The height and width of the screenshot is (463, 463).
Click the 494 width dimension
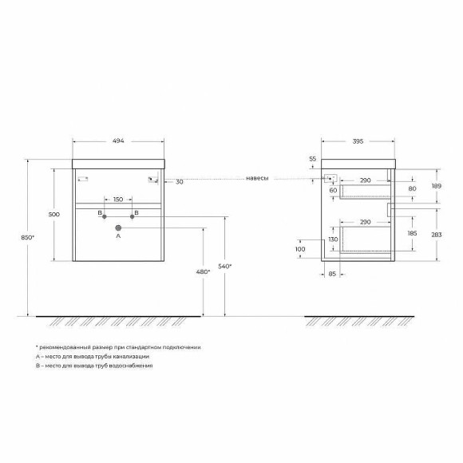118,140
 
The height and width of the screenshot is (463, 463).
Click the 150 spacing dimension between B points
118,199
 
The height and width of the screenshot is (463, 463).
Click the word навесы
257,179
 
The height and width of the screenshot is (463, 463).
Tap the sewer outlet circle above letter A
118,227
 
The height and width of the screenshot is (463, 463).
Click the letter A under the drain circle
118,237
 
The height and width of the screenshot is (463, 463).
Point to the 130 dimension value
333,239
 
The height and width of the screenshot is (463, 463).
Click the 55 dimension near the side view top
313,159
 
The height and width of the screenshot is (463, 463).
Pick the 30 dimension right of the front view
180,182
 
